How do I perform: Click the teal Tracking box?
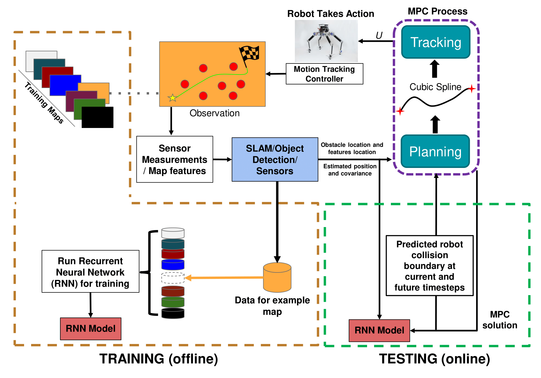436,42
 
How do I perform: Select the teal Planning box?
435,151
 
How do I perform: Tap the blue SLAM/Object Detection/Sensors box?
275,160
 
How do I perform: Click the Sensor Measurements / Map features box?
175,159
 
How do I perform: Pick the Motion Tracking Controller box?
325,74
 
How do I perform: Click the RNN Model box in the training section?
91,329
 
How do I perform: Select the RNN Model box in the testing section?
379,330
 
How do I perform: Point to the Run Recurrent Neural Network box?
91,271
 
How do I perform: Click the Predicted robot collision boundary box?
430,266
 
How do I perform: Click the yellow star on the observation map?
172,98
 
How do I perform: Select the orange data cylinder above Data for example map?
277,277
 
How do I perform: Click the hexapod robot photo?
326,41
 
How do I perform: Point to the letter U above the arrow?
379,35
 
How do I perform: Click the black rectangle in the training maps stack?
97,117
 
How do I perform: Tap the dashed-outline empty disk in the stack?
173,278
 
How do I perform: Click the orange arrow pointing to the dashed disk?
224,278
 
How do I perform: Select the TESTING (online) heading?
434,359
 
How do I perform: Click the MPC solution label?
500,320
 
